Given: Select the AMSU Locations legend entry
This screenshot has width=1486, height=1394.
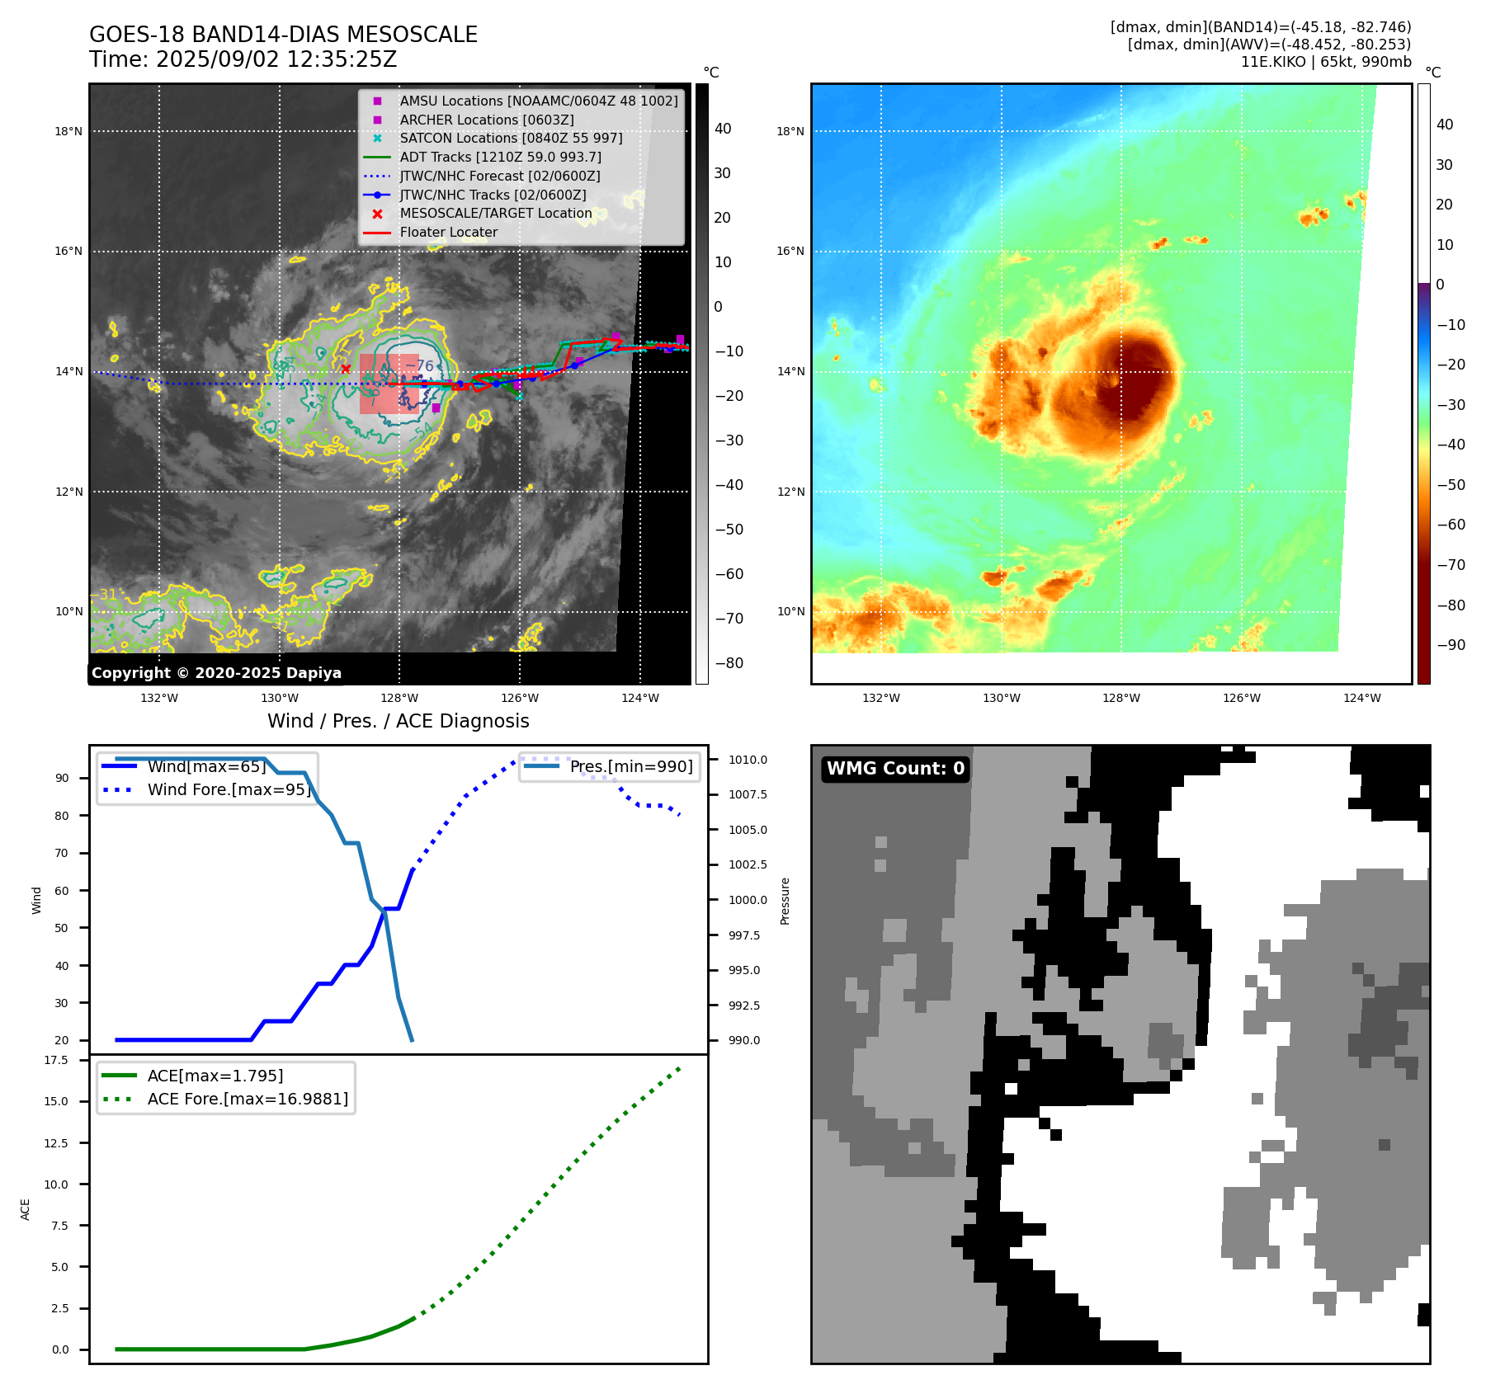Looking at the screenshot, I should (538, 101).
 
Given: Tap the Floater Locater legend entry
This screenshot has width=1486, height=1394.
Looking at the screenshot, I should (448, 233).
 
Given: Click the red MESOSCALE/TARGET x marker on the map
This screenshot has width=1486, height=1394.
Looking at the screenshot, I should (346, 369).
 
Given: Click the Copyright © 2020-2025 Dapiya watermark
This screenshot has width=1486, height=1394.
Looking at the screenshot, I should (216, 673).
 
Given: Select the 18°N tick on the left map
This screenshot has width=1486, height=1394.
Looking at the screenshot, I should (68, 131).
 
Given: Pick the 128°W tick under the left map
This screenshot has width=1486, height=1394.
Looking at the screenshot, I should (399, 698).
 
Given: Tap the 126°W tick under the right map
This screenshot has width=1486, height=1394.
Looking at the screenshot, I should (1242, 698).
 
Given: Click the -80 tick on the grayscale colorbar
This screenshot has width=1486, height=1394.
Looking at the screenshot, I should (729, 663).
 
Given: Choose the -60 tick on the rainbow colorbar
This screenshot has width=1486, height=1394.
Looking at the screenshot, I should (1451, 525).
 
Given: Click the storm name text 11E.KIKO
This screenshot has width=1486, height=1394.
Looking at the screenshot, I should (1273, 62).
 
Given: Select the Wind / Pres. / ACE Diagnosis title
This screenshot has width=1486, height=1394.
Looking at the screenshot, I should (399, 721).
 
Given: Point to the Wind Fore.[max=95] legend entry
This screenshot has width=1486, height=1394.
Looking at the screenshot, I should (229, 789).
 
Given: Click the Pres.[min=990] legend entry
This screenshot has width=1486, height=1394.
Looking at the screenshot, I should (630, 766).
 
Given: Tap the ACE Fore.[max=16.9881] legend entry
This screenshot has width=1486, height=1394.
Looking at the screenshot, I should (248, 1099).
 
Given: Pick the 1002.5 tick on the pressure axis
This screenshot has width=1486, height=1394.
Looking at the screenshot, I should (748, 864).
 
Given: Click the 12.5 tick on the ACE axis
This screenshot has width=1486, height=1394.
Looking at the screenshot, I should (56, 1143).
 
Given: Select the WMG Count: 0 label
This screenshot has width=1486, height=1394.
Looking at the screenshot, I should (895, 769).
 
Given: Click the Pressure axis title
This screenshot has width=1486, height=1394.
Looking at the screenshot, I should (785, 901).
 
